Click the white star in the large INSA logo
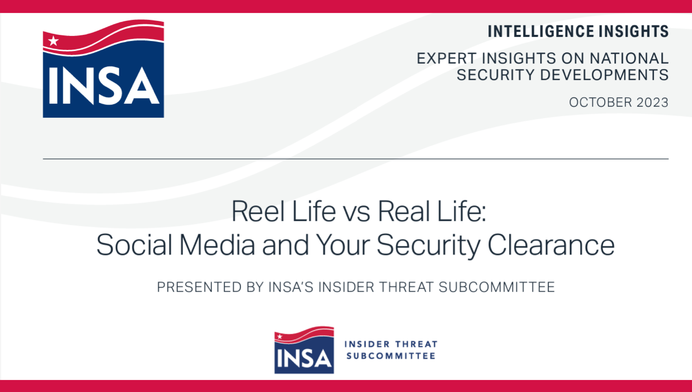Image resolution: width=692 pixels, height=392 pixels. tap(53, 41)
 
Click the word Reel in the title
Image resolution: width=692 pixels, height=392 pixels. tap(258, 211)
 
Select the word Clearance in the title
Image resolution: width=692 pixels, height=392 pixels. tap(551, 245)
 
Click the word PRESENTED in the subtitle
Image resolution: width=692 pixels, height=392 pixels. tap(199, 287)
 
